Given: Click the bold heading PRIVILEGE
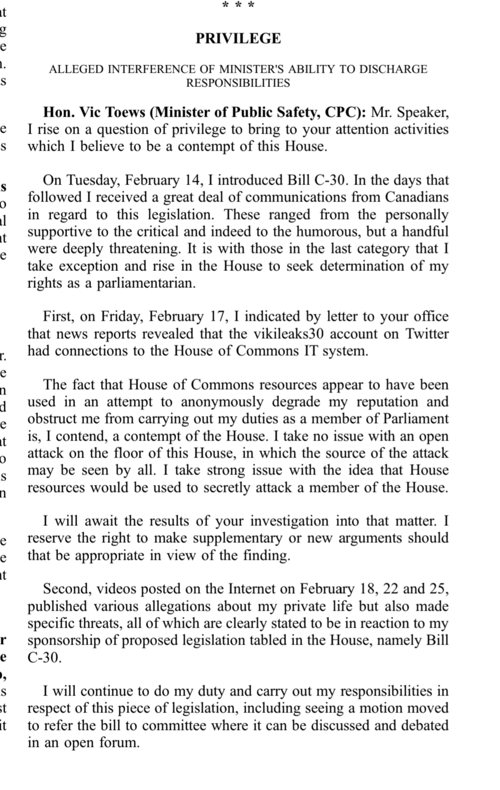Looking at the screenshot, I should (x=238, y=39).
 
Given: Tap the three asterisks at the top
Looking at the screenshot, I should (x=238, y=5).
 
